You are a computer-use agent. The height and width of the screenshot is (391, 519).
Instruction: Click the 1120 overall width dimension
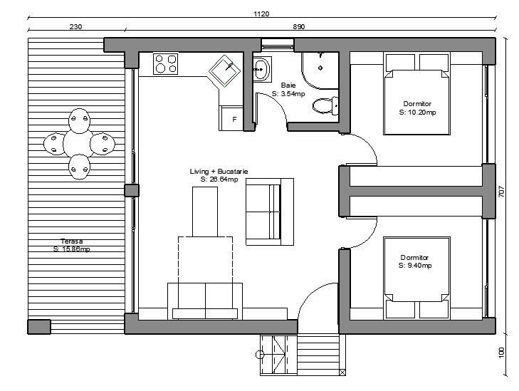pyautogui.click(x=261, y=14)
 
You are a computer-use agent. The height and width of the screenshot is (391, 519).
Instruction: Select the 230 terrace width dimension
pyautogui.click(x=75, y=27)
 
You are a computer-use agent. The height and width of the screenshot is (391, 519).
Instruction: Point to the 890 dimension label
pyautogui.click(x=298, y=27)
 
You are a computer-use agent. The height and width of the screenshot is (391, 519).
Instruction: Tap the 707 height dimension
pyautogui.click(x=501, y=192)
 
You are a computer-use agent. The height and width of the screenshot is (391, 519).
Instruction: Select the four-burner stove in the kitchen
pyautogui.click(x=165, y=63)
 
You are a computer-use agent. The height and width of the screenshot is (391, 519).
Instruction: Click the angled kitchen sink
pyautogui.click(x=225, y=71)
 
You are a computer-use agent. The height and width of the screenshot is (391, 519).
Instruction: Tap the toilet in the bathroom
pyautogui.click(x=325, y=105)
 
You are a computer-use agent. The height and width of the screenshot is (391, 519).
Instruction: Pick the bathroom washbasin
pyautogui.click(x=262, y=69)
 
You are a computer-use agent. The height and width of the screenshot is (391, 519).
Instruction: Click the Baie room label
pyautogui.click(x=288, y=85)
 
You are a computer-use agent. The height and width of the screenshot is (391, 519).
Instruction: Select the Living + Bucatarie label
pyautogui.click(x=219, y=172)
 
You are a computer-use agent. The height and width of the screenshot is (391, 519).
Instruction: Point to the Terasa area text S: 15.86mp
pyautogui.click(x=71, y=249)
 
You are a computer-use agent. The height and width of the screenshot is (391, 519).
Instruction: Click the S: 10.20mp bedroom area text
pyautogui.click(x=417, y=113)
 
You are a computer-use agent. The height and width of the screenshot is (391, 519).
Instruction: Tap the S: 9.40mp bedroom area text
pyautogui.click(x=415, y=266)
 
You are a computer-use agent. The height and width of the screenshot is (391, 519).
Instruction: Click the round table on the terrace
pyautogui.click(x=80, y=144)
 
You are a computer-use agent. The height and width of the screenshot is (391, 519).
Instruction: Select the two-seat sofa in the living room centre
pyautogui.click(x=270, y=212)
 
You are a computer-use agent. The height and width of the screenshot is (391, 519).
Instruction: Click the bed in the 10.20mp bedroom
pyautogui.click(x=416, y=94)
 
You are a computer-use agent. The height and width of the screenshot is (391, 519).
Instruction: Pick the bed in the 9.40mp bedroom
pyautogui.click(x=416, y=278)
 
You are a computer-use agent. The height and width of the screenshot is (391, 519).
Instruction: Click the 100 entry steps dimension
pyautogui.click(x=501, y=353)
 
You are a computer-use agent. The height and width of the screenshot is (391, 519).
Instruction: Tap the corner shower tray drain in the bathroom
pyautogui.click(x=320, y=68)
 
